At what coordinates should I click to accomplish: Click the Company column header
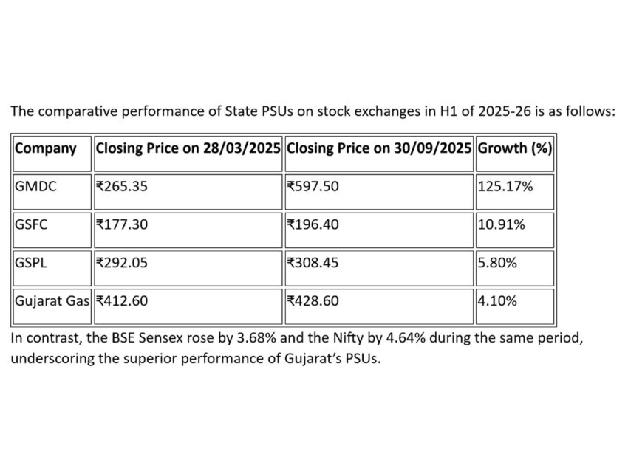[x=46, y=148]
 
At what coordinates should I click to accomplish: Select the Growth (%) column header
[x=515, y=148]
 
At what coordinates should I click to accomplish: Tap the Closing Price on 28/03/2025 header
[x=188, y=148]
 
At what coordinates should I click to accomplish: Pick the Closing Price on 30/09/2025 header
[x=379, y=148]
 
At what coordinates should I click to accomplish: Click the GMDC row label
[x=35, y=186]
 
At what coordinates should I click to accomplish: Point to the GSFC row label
[x=32, y=224]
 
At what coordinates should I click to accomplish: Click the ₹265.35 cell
[x=122, y=186]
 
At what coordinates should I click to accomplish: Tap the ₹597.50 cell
[x=313, y=186]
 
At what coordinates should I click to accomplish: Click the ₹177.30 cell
[x=122, y=224]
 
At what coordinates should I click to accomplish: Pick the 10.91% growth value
[x=502, y=224]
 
